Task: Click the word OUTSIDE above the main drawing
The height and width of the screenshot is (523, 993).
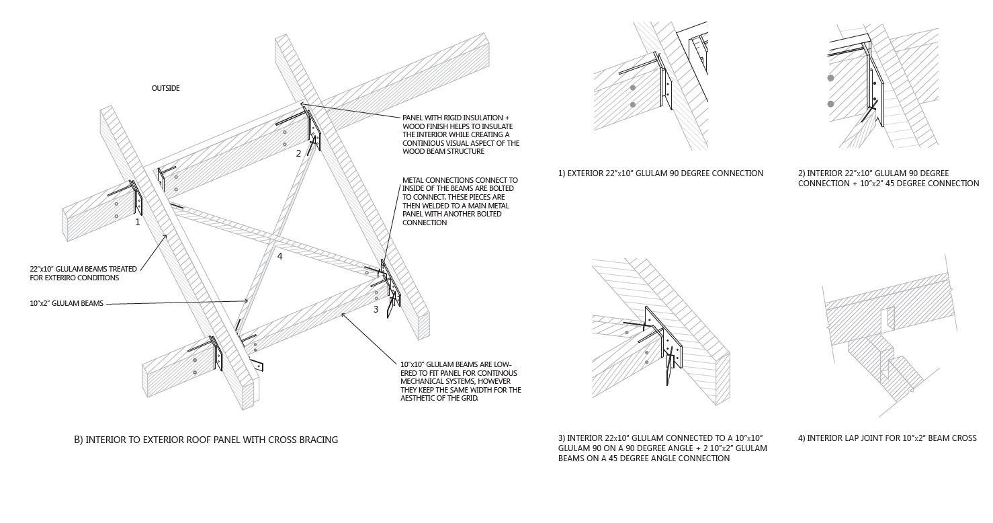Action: [165, 88]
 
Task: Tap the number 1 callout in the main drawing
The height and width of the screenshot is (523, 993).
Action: [138, 222]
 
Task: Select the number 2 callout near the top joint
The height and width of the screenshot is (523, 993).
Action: [299, 153]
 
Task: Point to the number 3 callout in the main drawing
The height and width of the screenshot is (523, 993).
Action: [376, 309]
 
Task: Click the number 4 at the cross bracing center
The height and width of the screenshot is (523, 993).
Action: [280, 256]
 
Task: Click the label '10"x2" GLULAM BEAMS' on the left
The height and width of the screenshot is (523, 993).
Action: [67, 304]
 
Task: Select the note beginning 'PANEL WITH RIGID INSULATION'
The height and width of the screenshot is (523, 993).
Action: [460, 134]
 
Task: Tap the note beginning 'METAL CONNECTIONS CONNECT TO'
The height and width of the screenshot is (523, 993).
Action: [460, 201]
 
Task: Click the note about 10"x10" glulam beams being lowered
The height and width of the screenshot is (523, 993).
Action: [460, 381]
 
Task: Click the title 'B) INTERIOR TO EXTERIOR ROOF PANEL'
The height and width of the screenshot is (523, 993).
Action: [206, 440]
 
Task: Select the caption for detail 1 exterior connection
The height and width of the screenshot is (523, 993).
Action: [660, 173]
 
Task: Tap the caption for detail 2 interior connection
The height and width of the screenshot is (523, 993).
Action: [888, 178]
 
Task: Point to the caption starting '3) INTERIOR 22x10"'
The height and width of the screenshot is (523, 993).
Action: [662, 448]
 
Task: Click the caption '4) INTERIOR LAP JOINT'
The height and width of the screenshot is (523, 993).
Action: [887, 438]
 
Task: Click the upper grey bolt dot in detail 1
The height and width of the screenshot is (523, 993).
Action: [633, 88]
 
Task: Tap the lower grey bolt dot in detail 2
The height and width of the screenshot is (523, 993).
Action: [831, 104]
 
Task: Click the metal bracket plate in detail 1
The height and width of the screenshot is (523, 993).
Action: [666, 87]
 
